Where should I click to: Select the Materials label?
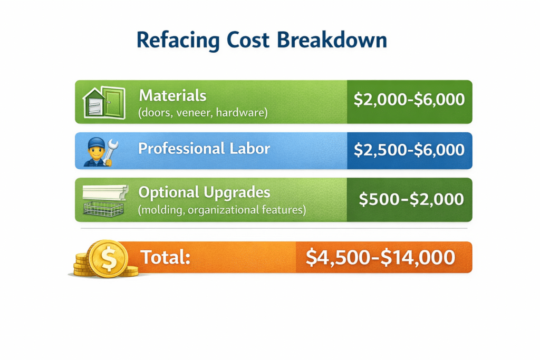(172, 95)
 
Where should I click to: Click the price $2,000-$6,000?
(409, 100)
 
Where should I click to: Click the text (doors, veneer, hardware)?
(203, 112)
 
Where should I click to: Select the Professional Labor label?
(204, 149)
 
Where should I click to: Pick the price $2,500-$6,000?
(409, 150)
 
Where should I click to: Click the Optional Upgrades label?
(204, 192)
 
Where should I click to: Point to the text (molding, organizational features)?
(222, 210)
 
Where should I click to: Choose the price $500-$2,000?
(411, 199)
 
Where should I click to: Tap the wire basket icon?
(103, 209)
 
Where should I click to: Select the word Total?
(165, 258)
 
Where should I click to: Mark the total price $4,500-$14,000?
(380, 257)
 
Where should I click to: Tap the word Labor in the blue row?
(249, 149)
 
